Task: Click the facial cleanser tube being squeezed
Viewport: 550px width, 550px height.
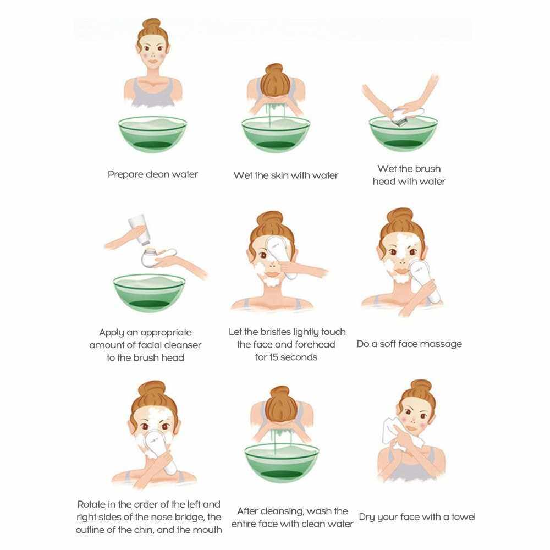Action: click(139, 229)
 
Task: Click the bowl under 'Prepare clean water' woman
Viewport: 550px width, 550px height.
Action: click(152, 134)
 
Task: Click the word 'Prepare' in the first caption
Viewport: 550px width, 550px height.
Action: click(125, 174)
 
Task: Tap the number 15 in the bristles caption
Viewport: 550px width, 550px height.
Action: click(274, 357)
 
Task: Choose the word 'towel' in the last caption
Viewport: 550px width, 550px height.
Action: click(463, 516)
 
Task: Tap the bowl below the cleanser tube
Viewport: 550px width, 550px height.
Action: click(150, 293)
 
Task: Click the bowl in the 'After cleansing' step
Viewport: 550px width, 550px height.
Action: click(282, 462)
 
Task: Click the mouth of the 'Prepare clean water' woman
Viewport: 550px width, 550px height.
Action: click(152, 62)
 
